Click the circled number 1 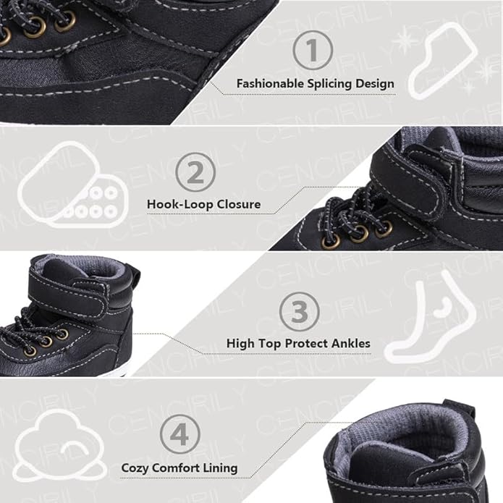(313, 50)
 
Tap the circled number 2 (195, 172)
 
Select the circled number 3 (299, 311)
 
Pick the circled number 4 (180, 434)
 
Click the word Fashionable (270, 84)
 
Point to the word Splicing (329, 85)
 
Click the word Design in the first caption (375, 85)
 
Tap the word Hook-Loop (180, 204)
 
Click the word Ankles (350, 344)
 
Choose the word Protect (306, 344)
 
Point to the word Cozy (135, 468)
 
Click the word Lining (220, 468)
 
